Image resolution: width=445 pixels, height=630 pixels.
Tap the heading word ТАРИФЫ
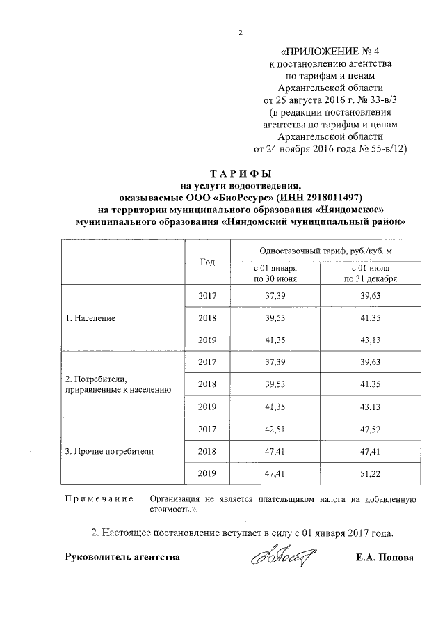(241, 173)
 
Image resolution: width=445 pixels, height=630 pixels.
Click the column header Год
(207, 262)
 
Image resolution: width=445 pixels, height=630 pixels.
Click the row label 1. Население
(90, 317)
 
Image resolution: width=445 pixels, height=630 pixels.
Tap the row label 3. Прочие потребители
(109, 450)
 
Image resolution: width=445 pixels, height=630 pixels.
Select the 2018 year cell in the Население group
(207, 317)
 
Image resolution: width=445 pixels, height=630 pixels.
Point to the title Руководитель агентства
(122, 558)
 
